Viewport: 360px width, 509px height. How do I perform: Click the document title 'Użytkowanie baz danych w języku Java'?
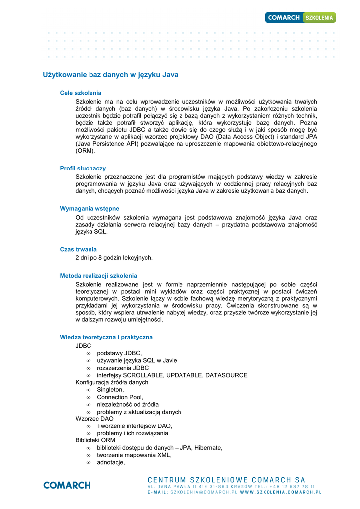click(x=110, y=75)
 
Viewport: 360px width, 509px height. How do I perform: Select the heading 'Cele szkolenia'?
click(x=81, y=93)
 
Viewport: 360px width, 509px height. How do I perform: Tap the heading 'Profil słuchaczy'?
click(x=83, y=169)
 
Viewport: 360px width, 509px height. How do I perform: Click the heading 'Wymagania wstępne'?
click(x=90, y=209)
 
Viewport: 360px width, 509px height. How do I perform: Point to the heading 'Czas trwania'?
click(x=78, y=249)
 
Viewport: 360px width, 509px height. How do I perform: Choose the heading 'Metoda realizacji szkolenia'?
click(x=98, y=276)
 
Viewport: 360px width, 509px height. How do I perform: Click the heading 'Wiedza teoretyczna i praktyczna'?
click(x=106, y=337)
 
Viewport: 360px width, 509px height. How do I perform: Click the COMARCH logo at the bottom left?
click(x=67, y=485)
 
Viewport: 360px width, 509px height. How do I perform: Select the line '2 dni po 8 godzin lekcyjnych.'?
click(x=114, y=258)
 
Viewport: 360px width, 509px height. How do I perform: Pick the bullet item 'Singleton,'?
click(x=110, y=390)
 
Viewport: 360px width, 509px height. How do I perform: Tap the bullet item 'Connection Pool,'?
click(x=120, y=397)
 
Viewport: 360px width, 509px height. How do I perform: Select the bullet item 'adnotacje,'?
click(x=111, y=462)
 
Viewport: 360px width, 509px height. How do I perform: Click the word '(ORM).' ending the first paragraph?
click(x=85, y=151)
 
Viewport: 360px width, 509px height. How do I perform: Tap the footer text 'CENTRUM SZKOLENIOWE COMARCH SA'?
click(x=227, y=480)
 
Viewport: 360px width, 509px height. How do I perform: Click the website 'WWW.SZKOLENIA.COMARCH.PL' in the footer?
click(x=281, y=492)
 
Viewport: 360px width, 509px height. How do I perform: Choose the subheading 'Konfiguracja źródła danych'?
click(x=112, y=383)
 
